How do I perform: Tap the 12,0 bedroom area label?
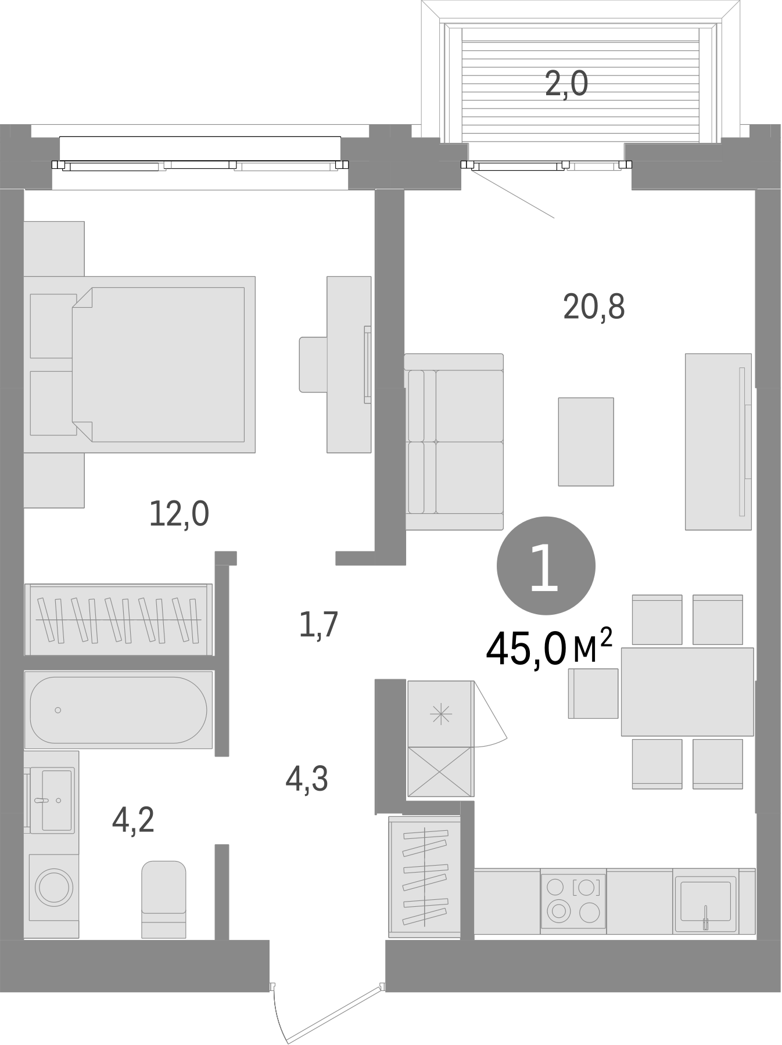pos(179,514)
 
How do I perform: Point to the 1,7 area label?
pos(318,625)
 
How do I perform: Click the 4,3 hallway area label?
pos(307,779)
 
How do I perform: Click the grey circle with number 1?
pos(546,565)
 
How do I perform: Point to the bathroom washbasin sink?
pos(55,799)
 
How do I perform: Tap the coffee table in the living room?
pos(586,441)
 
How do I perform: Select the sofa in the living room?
pos(454,441)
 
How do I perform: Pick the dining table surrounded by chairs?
pos(687,692)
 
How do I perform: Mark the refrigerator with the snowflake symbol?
pos(441,714)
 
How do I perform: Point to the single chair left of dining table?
pos(593,693)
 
